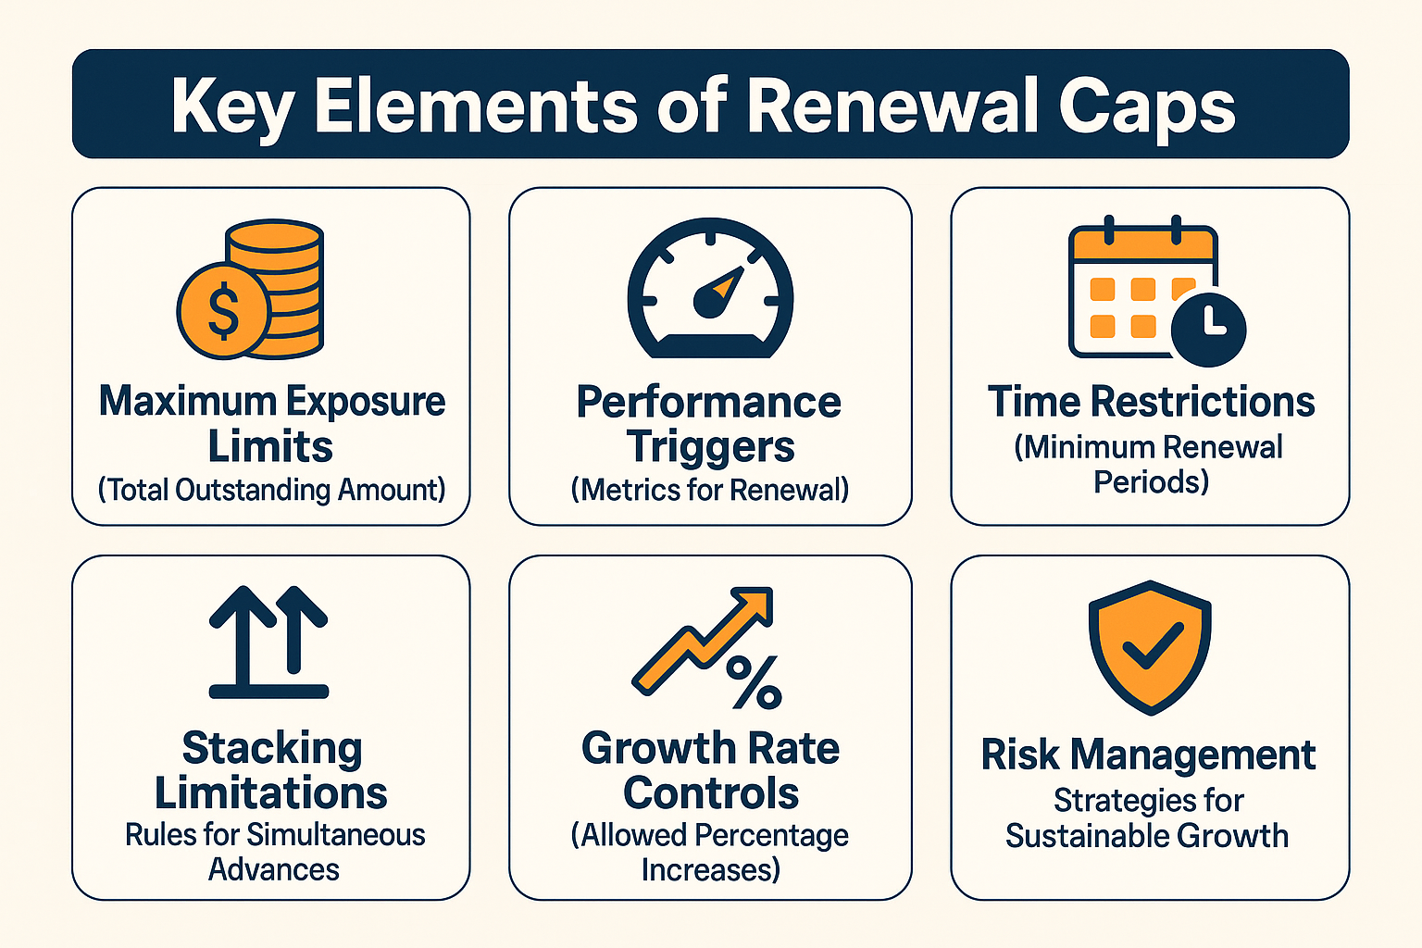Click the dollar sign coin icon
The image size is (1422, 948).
[222, 311]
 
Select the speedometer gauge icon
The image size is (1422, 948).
[710, 289]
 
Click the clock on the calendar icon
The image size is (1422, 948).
[1208, 329]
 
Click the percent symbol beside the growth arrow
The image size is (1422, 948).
[755, 682]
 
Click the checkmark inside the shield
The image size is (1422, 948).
[1151, 646]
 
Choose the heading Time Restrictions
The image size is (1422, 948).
[1151, 402]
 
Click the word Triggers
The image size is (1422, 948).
[710, 446]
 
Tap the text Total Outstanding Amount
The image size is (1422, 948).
[271, 489]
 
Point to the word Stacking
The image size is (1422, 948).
[271, 748]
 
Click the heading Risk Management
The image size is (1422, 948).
[1148, 755]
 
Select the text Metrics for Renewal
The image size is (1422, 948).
[710, 489]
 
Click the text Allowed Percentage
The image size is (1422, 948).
[710, 835]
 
